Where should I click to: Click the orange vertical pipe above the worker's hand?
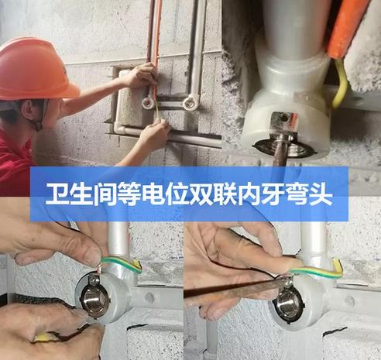pyautogui.click(x=154, y=31)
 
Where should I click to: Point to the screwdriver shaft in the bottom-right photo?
pyautogui.click(x=232, y=289)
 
